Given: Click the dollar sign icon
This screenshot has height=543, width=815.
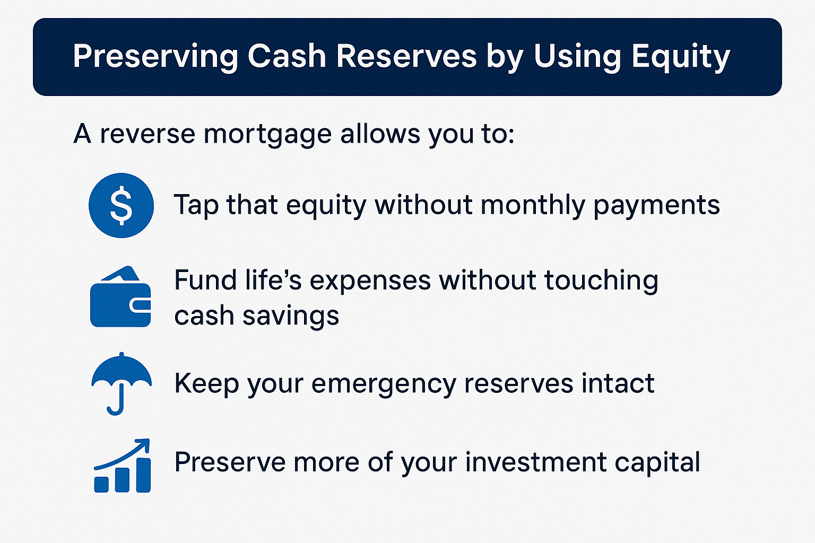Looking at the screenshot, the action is tap(121, 206).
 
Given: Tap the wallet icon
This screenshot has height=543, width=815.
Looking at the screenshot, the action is tap(120, 296).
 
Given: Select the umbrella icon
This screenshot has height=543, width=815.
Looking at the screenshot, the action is tap(122, 384).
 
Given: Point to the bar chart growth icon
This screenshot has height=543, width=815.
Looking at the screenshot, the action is tap(122, 466).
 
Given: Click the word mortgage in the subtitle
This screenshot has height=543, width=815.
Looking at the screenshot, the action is tap(267, 135).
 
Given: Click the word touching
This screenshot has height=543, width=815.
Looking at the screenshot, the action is tap(601, 281).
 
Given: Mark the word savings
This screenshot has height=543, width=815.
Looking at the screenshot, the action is tap(291, 316).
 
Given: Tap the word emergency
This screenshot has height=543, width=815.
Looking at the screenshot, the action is tap(384, 384).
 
